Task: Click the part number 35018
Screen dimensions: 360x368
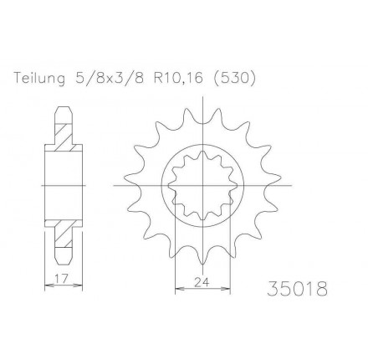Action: (298, 289)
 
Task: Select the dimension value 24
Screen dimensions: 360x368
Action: (201, 283)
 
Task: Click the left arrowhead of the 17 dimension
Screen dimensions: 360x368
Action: (47, 285)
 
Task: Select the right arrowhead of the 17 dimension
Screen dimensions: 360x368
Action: (80, 285)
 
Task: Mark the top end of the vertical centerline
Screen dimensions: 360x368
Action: (202, 99)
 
